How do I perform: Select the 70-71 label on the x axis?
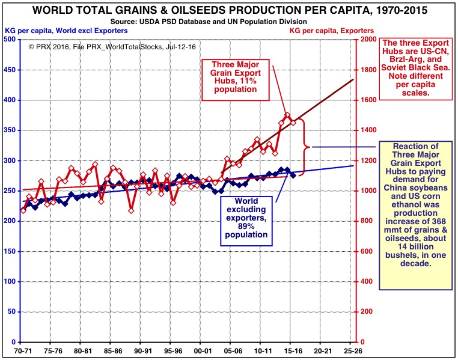pos(22,349)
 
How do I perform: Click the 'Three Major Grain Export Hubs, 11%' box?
pos(234,76)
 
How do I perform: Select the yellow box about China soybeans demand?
pos(415,215)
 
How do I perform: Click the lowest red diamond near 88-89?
pos(131,210)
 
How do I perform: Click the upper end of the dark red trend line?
pos(353,79)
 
